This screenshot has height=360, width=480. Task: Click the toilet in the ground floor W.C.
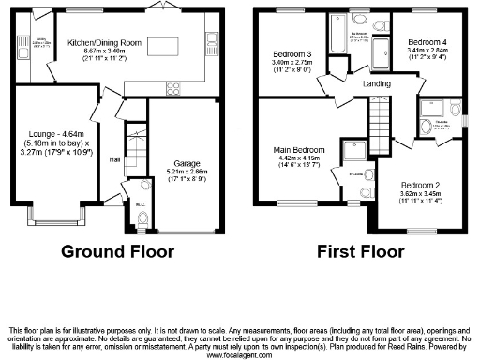(x=142, y=218)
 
